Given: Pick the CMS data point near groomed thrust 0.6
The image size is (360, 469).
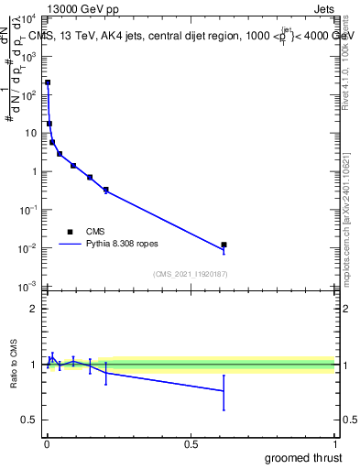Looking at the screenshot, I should (224, 245).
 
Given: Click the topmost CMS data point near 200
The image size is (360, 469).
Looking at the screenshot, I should (48, 82).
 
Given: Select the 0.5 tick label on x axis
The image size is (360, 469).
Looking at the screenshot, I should (191, 444).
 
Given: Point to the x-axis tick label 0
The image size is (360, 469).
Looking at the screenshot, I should (47, 444).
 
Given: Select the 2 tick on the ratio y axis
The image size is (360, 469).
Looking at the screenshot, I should (34, 309).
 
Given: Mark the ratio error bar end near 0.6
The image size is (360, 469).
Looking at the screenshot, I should (224, 409).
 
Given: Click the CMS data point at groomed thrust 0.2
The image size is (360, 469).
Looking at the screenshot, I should (106, 190).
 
